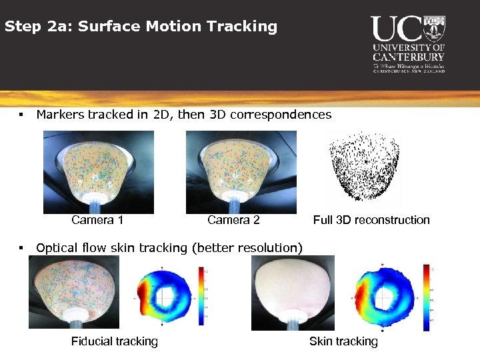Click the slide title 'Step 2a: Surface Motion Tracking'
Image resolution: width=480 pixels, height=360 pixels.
(x=141, y=27)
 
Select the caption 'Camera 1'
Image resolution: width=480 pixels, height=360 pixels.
(x=97, y=220)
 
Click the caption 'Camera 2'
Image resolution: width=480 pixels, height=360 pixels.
(x=233, y=220)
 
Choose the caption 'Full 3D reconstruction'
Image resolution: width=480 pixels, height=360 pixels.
(x=371, y=220)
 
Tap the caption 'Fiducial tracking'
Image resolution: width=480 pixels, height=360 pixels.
(x=115, y=341)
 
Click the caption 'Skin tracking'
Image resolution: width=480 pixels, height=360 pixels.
(x=343, y=341)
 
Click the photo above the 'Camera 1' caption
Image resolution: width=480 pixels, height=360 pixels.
(x=98, y=171)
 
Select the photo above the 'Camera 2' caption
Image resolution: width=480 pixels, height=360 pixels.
(x=241, y=171)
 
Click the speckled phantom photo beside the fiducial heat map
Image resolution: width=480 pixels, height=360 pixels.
(x=74, y=293)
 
